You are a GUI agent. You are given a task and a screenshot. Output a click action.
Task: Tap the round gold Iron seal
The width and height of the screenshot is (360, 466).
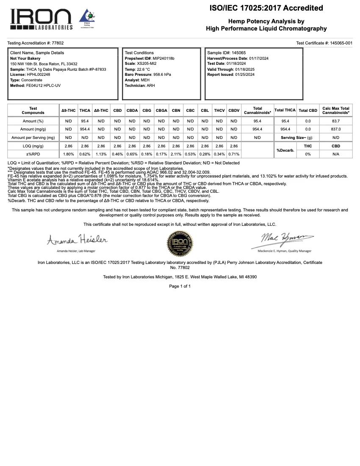[x=180, y=243]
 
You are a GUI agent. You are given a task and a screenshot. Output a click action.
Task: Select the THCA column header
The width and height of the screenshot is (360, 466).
[x=85, y=111]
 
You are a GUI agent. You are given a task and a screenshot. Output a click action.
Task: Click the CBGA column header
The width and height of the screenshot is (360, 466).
[x=161, y=111]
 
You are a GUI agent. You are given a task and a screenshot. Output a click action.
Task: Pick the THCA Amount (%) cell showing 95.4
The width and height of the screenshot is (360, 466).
[x=85, y=121]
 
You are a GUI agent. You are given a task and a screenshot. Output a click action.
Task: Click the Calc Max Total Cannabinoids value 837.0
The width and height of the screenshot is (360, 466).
[x=336, y=129]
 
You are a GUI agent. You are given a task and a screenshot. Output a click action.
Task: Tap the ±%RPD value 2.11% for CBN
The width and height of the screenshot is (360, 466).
[x=176, y=154]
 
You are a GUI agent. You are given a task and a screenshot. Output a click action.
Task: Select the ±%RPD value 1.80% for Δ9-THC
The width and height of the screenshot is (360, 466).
[x=69, y=154]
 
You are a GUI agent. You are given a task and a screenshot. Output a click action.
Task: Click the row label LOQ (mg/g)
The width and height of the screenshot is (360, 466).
[x=33, y=146]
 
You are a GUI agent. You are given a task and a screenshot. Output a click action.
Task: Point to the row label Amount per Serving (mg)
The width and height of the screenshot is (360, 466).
[x=33, y=138]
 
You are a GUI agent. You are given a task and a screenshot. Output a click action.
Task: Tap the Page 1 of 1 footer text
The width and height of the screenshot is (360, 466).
[x=180, y=286]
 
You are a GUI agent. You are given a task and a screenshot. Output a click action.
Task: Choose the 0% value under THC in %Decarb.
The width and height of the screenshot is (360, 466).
[x=308, y=154]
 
